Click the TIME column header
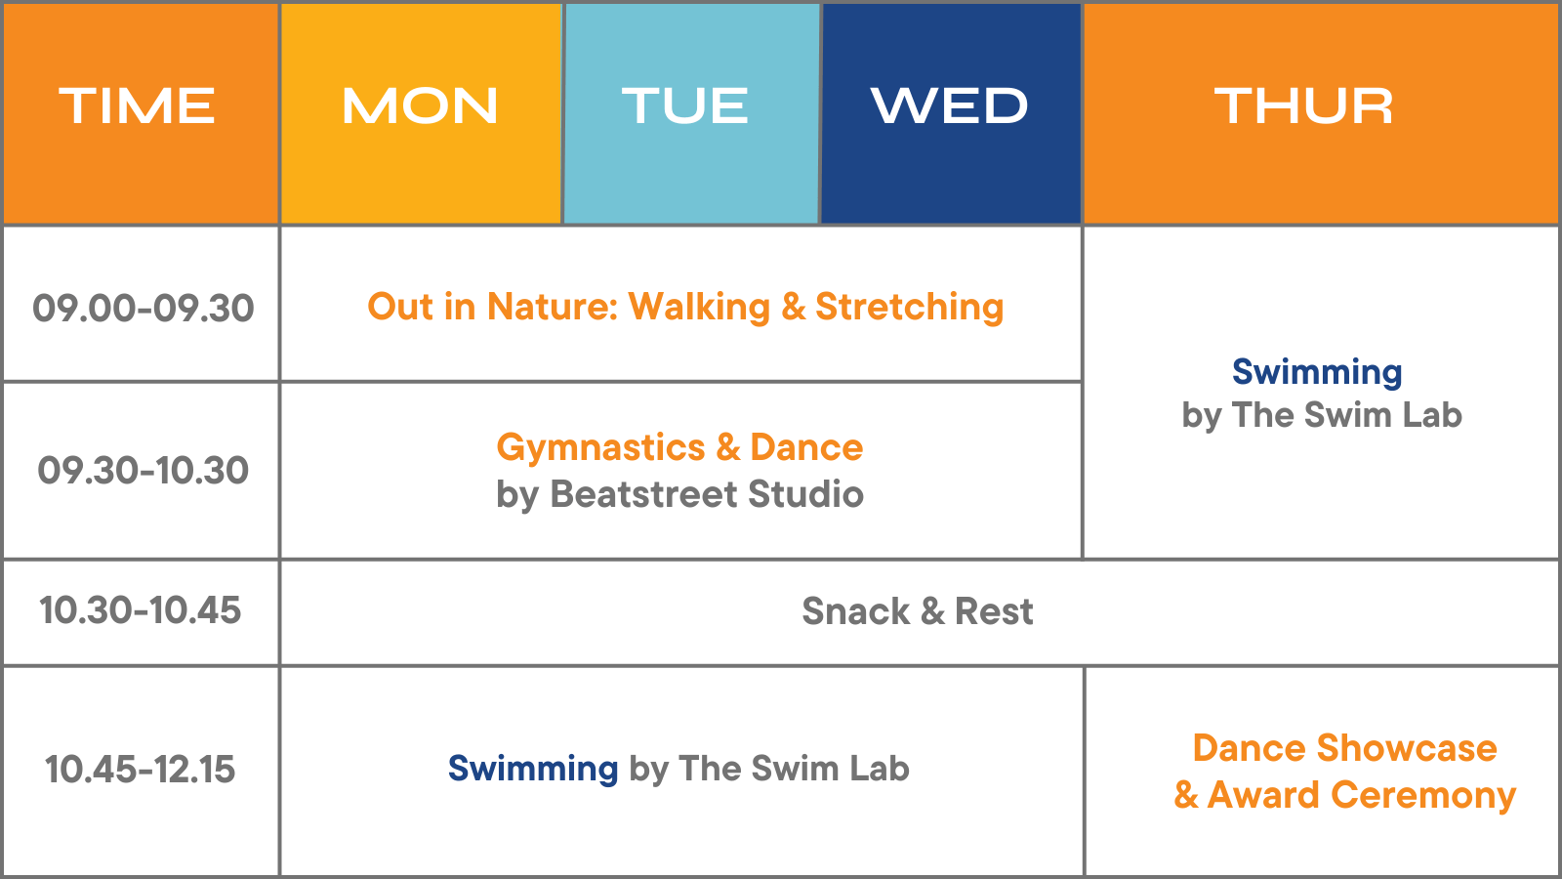click(138, 105)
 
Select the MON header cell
click(420, 105)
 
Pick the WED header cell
click(950, 105)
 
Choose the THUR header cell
click(1304, 105)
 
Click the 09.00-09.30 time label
click(143, 309)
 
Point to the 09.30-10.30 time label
click(143, 471)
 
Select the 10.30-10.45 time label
click(140, 610)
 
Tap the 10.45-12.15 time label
click(140, 770)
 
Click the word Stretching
click(909, 307)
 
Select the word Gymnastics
click(600, 447)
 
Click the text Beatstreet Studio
click(707, 494)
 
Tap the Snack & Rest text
click(917, 611)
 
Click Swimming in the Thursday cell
click(1317, 372)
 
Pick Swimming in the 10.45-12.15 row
click(533, 769)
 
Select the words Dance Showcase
click(1344, 748)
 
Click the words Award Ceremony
click(1361, 795)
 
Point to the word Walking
click(699, 307)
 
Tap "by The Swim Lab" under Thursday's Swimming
click(1322, 415)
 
